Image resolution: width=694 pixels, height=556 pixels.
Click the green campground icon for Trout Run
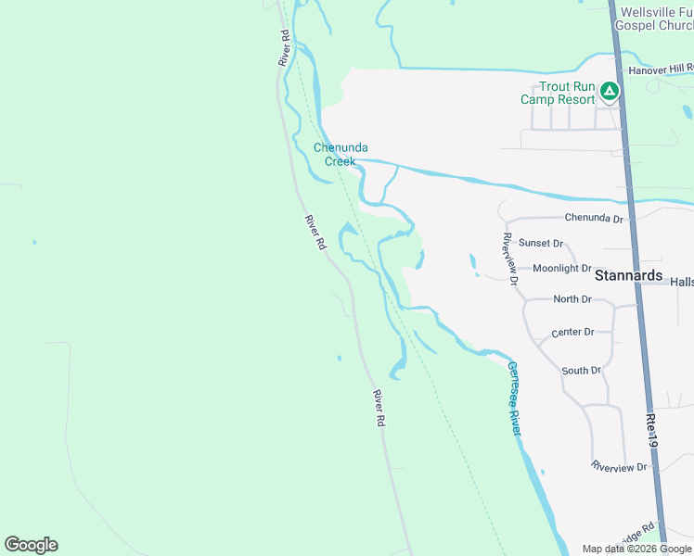point(609,91)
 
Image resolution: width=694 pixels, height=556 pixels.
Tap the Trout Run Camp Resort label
point(557,93)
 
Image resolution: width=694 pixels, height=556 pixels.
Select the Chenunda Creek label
point(334,154)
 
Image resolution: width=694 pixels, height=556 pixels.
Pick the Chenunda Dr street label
point(594,219)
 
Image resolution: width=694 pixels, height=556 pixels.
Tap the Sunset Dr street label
point(541,243)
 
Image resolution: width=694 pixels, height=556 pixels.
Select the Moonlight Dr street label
point(561,268)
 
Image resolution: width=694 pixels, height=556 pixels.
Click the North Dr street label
point(572,299)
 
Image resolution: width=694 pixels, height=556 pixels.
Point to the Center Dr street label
point(572,332)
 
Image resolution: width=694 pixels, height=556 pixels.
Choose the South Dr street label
point(582,370)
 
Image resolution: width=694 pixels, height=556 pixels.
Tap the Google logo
point(31,545)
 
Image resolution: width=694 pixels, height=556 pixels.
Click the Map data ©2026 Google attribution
point(636,549)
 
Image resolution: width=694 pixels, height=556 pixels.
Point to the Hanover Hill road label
point(661,69)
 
